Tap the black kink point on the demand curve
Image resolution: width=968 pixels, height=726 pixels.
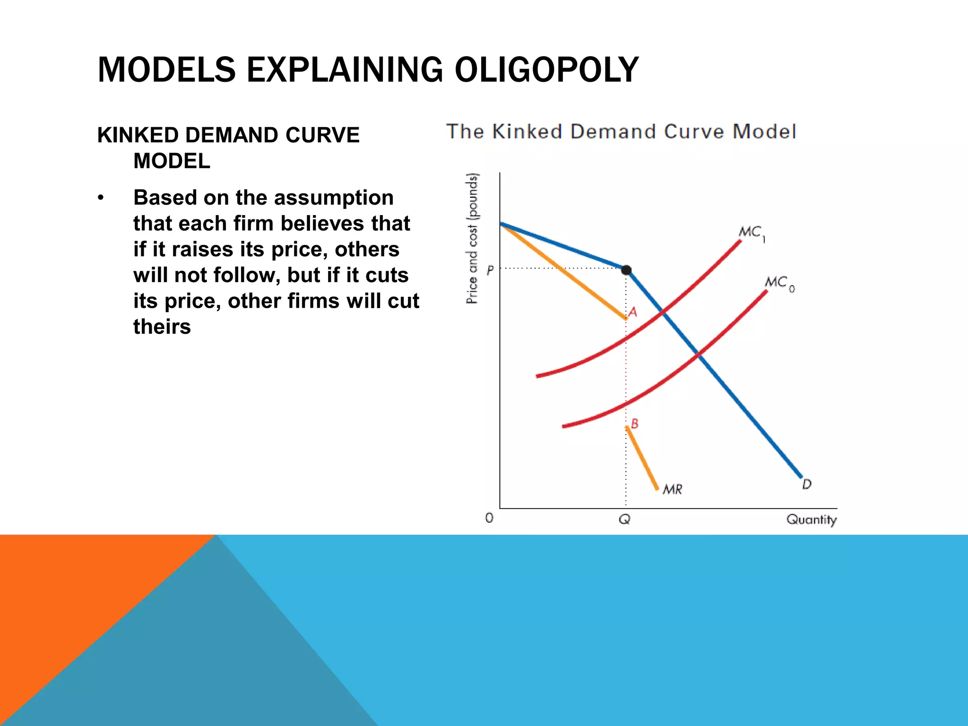[626, 270]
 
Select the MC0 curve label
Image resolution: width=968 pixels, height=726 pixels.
[778, 283]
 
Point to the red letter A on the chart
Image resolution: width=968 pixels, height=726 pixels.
[633, 312]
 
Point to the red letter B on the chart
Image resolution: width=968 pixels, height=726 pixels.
[635, 423]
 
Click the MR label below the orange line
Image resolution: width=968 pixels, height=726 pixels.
[672, 489]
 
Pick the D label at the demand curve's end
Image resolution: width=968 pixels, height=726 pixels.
[807, 484]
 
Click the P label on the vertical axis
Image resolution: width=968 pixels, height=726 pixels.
[490, 270]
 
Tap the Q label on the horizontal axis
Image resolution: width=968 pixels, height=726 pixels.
[624, 519]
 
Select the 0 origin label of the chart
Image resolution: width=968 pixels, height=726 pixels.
[489, 518]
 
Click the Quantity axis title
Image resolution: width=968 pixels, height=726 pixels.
[811, 519]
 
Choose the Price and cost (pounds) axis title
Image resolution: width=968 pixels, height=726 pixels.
[472, 239]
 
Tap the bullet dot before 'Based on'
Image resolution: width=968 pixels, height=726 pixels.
[100, 198]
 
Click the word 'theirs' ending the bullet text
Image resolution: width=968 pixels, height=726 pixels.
[162, 327]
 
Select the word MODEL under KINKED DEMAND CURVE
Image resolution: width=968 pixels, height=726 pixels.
[172, 161]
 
